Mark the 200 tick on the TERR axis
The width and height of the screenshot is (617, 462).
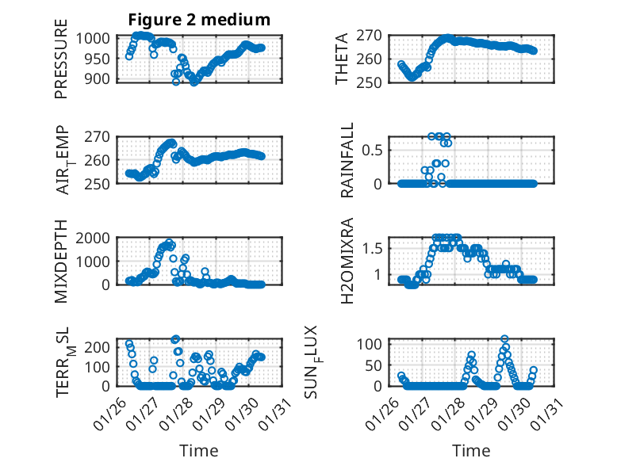click(x=101, y=346)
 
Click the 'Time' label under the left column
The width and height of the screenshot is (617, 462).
click(x=199, y=450)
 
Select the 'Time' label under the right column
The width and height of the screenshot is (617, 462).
click(x=471, y=450)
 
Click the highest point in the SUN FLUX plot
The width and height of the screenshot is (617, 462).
click(x=504, y=338)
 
